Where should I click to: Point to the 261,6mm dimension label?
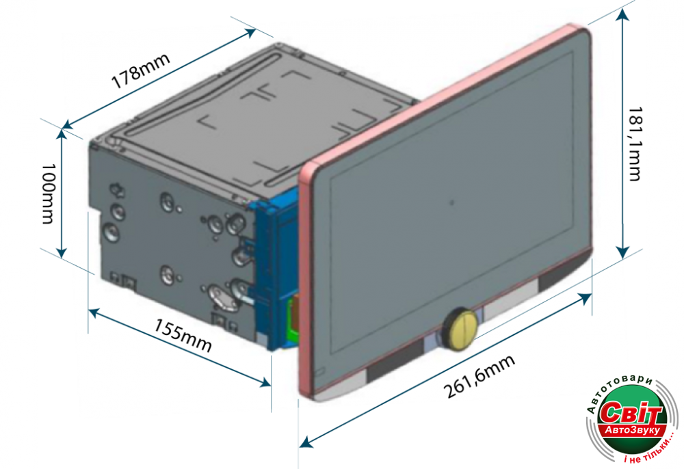(479, 377)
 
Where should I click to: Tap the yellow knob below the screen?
(460, 327)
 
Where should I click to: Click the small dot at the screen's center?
(451, 202)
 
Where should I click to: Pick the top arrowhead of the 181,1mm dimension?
(622, 15)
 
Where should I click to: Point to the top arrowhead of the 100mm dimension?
(62, 133)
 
